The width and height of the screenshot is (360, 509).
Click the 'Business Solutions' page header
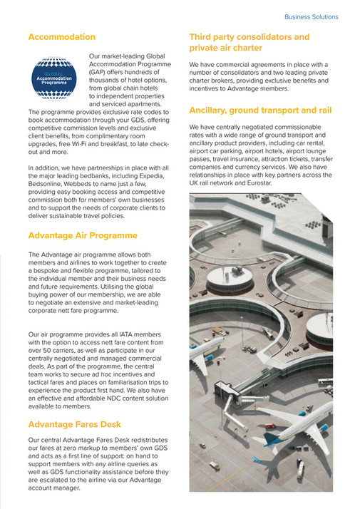(311, 16)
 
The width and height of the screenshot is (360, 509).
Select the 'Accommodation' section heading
(61, 36)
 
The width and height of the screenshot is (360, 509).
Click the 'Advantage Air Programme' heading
(82, 235)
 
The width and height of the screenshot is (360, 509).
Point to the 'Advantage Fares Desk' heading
(73, 424)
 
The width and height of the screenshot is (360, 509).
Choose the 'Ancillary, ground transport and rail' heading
(259, 110)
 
